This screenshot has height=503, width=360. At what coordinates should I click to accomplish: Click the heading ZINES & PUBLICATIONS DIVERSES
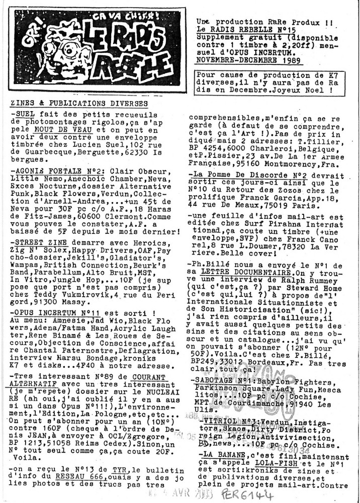[x=78, y=104]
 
